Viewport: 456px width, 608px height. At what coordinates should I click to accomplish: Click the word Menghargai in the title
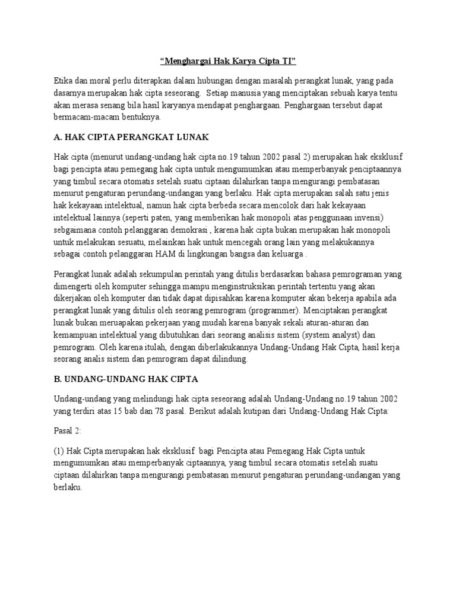pos(188,61)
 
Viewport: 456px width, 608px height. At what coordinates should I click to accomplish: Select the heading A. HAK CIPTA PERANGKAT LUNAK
pos(131,137)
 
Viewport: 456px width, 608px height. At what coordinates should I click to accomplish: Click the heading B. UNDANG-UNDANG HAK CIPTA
pos(126,378)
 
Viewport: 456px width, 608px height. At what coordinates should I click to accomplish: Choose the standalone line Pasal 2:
pos(69,430)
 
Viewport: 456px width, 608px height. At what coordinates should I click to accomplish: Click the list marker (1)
pos(59,451)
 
